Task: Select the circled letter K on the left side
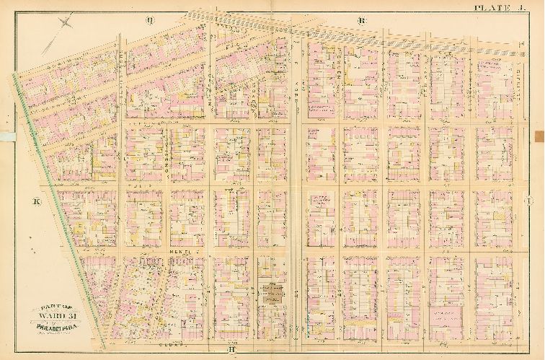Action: (x=36, y=203)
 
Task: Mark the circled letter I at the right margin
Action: (x=539, y=203)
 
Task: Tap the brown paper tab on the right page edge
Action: (x=540, y=134)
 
